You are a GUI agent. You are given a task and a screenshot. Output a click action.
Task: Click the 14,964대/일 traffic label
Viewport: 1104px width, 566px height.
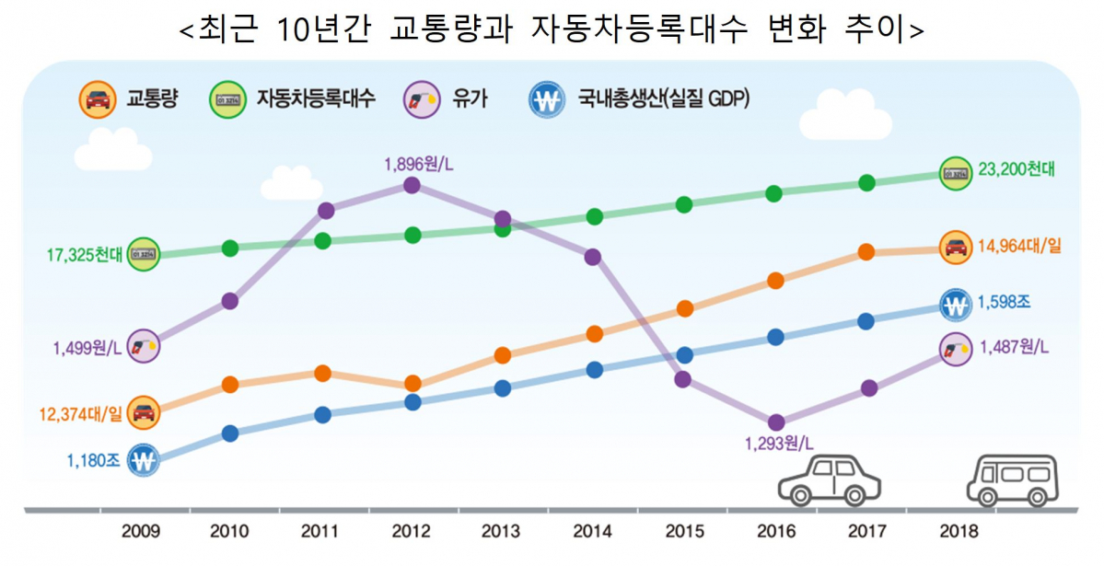(1020, 247)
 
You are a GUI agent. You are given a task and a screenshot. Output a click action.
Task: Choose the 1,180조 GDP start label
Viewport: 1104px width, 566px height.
(93, 458)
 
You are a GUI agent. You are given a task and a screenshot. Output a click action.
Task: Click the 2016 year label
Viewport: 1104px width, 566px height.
(774, 531)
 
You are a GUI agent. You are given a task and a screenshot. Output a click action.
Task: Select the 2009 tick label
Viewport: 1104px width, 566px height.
(140, 531)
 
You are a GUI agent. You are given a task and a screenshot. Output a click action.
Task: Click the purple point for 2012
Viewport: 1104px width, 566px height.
(412, 186)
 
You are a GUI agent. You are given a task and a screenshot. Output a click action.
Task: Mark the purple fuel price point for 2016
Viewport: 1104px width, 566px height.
(775, 422)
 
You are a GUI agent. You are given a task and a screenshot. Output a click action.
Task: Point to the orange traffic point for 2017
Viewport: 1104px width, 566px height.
(866, 252)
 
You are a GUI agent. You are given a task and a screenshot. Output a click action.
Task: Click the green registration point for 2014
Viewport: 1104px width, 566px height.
(594, 216)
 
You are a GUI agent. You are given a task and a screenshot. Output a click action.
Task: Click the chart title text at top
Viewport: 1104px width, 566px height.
(551, 29)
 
